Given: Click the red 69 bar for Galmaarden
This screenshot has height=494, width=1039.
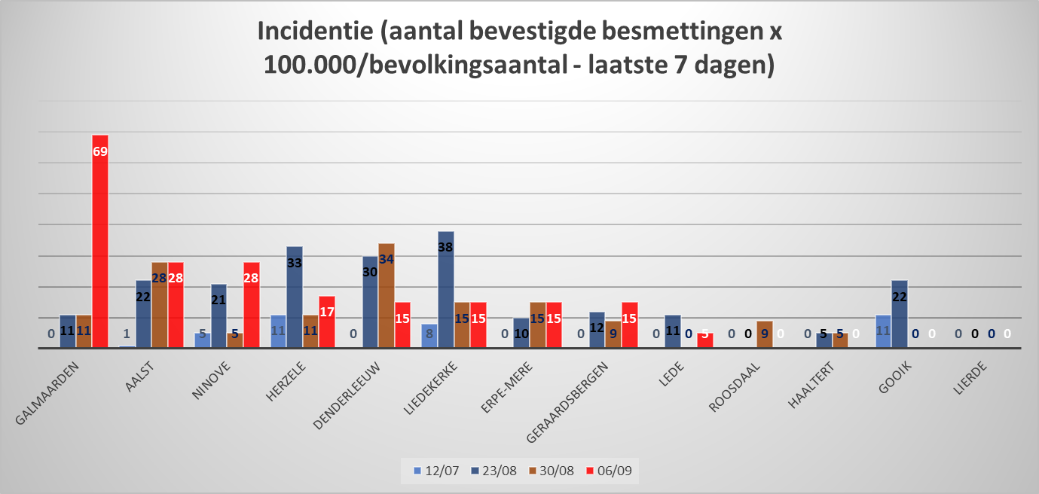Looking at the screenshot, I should pos(100,241).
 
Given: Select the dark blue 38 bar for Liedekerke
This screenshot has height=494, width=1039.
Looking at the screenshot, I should pos(446,289).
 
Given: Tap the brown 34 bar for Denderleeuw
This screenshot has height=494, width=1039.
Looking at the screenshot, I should pos(387,295).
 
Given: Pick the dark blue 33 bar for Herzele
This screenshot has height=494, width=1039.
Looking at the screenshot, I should pos(295,297).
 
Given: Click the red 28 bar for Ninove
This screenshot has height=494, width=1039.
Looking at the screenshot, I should pos(252,305).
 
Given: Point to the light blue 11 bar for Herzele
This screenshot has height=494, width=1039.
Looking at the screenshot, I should pos(278,331).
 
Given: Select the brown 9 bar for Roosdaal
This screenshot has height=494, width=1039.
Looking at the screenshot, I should pos(765,334).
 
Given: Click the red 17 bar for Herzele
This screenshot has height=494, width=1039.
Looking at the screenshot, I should pos(327,322).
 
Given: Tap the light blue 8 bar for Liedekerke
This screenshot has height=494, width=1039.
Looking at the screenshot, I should pos(429,336).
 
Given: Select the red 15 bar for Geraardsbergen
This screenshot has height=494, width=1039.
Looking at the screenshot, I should pos(630,325).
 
